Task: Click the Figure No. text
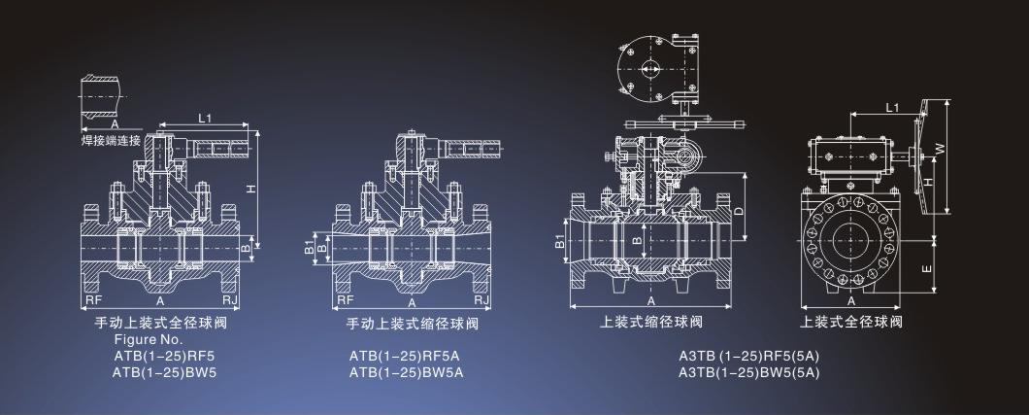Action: [x=149, y=340]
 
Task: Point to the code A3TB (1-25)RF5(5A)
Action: [x=750, y=356]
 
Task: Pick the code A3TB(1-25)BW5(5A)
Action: [x=750, y=371]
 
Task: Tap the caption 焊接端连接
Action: [x=111, y=140]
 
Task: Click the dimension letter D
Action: [x=739, y=209]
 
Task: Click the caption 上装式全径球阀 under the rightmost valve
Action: [x=851, y=322]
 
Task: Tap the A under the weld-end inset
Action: [x=114, y=124]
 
